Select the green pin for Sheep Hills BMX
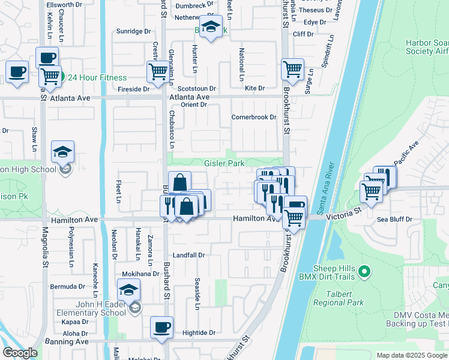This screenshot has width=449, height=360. [x=363, y=273]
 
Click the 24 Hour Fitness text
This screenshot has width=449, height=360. [x=97, y=77]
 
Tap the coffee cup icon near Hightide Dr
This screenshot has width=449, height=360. [x=161, y=328]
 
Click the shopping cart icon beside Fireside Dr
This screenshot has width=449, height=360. [x=158, y=71]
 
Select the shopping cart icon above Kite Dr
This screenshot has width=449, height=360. [x=292, y=68]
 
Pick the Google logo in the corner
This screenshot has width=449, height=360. [x=20, y=353]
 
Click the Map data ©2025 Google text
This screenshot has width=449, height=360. [x=411, y=355]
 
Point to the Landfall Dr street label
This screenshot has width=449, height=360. [x=189, y=255]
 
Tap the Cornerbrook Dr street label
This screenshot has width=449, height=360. [x=253, y=117]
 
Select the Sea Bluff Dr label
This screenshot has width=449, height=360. [x=394, y=220]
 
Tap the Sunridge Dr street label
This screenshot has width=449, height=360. [x=133, y=31]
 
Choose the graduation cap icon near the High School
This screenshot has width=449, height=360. [x=62, y=153]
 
